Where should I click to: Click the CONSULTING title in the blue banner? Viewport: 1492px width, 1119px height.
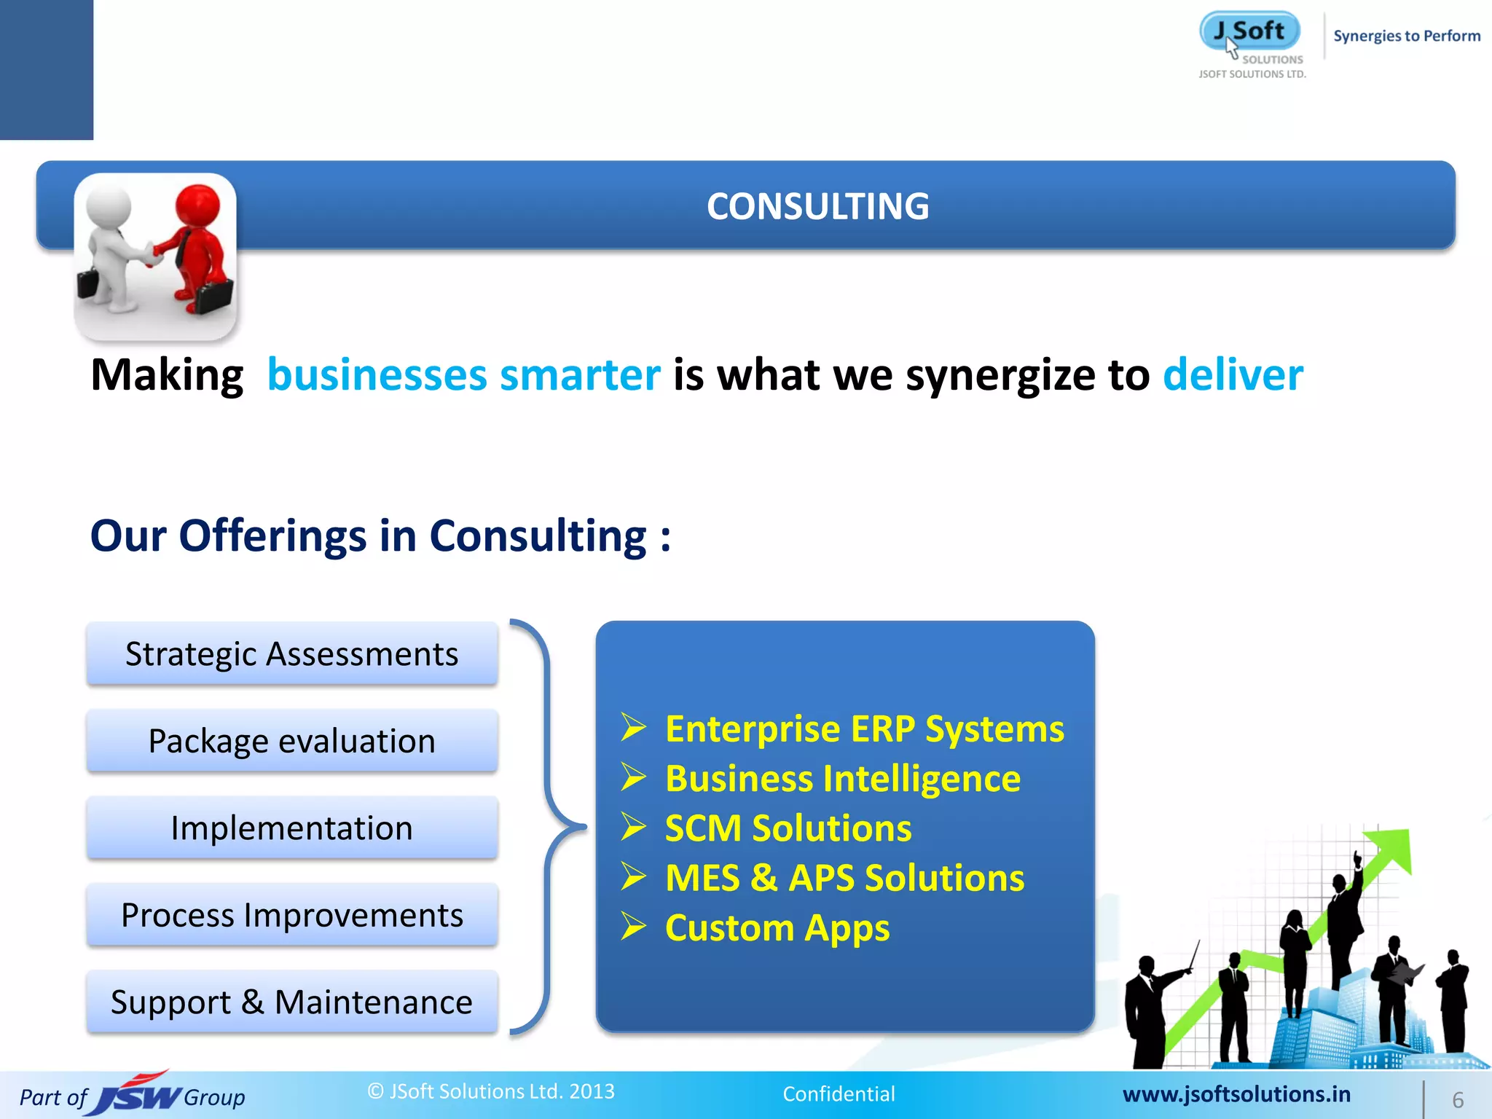pyautogui.click(x=817, y=206)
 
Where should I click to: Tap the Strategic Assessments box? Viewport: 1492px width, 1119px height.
pyautogui.click(x=291, y=653)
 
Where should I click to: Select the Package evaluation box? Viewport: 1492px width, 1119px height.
pyautogui.click(x=291, y=741)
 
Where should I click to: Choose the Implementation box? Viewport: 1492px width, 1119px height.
pyautogui.click(x=291, y=828)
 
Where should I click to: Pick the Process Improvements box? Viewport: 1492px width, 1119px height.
pyautogui.click(x=291, y=915)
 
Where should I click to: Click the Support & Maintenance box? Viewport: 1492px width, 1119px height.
pyautogui.click(x=291, y=1002)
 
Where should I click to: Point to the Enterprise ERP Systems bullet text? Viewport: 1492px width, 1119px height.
pyautogui.click(x=864, y=729)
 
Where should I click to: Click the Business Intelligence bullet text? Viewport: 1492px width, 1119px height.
pyautogui.click(x=842, y=778)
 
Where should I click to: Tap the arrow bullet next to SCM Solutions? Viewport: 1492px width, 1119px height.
pyautogui.click(x=634, y=828)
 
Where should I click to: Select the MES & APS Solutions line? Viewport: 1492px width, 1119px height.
pyautogui.click(x=844, y=878)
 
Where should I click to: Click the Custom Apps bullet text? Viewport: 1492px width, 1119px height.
pyautogui.click(x=777, y=927)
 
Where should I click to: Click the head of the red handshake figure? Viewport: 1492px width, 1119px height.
pyautogui.click(x=197, y=205)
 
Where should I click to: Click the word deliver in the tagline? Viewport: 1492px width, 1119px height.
pyautogui.click(x=1233, y=375)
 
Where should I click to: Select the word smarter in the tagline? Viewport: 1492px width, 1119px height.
pyautogui.click(x=580, y=375)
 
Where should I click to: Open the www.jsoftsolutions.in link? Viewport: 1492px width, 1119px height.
pyautogui.click(x=1236, y=1094)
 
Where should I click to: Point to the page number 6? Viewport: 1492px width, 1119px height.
pyautogui.click(x=1458, y=1099)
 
